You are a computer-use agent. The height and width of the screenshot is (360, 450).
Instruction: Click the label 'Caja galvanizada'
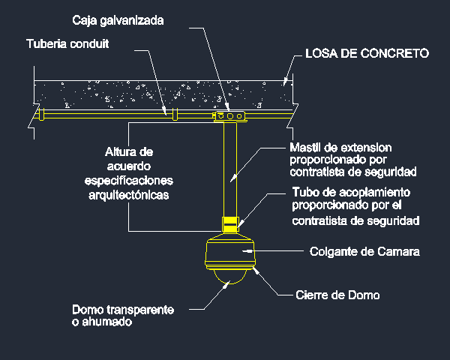(118, 21)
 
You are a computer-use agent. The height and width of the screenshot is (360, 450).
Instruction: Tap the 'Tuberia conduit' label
(67, 44)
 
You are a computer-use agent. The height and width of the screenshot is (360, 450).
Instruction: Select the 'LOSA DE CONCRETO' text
(367, 53)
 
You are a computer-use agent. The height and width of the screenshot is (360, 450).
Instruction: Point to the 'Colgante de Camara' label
(364, 252)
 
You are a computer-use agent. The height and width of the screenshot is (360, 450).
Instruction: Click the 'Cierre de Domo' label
(337, 295)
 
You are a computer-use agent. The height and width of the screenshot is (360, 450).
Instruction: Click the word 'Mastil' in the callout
(304, 148)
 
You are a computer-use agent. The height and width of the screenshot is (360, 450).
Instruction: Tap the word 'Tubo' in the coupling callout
(305, 192)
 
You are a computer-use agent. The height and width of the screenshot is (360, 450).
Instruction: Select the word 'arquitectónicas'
(129, 195)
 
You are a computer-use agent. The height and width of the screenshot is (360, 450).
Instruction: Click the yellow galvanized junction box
(229, 116)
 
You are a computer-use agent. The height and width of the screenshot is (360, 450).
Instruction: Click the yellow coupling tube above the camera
(230, 224)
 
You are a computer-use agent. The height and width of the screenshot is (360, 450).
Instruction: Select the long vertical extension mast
(230, 169)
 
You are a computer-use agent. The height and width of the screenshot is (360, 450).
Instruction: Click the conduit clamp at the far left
(41, 114)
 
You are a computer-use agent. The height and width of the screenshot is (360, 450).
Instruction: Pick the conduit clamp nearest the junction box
(175, 114)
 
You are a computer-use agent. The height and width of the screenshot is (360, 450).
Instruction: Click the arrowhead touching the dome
(226, 285)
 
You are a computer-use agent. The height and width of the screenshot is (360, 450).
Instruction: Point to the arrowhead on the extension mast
(234, 178)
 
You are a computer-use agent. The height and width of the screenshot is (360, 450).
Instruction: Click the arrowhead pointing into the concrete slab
(285, 81)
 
